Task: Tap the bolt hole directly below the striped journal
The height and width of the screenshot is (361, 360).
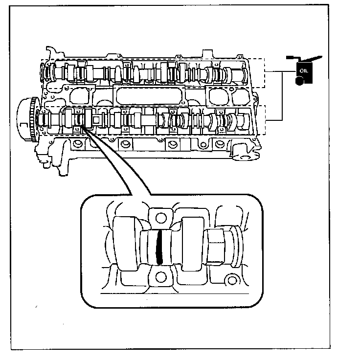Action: tap(159, 277)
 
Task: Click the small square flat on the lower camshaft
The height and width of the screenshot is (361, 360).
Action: tap(97, 119)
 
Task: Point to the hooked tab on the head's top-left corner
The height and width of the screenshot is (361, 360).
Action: tap(49, 52)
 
